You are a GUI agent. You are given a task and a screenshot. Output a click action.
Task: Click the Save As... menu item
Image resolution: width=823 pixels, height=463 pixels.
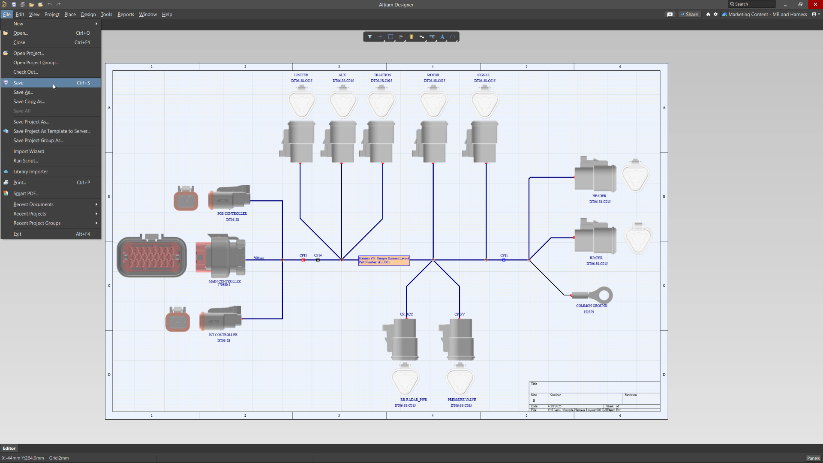tap(23, 92)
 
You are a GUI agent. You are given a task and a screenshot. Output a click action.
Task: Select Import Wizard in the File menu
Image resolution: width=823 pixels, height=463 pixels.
tap(29, 151)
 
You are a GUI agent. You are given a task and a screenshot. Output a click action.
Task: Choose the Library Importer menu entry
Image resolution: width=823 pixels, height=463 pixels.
tap(30, 171)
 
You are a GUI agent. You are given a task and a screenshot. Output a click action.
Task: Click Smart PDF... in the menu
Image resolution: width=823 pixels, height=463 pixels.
tap(26, 193)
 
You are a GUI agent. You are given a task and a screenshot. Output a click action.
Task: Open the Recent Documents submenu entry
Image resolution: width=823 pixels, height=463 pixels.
tap(33, 204)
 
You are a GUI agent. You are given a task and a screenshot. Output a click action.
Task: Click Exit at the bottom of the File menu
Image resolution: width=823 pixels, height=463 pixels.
tap(17, 234)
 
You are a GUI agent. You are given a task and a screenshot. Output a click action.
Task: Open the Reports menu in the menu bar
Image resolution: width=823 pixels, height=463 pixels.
tap(126, 15)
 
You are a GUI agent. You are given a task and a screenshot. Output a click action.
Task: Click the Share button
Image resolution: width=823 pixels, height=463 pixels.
tap(689, 15)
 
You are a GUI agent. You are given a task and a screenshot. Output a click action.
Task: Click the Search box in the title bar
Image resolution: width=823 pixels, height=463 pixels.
tap(753, 4)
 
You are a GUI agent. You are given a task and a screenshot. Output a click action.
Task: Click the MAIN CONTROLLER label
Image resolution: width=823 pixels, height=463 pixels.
tap(225, 281)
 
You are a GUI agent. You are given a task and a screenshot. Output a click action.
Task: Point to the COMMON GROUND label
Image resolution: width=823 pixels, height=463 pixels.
tap(592, 306)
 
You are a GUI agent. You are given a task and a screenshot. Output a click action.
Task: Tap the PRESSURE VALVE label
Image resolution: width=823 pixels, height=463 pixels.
tap(462, 400)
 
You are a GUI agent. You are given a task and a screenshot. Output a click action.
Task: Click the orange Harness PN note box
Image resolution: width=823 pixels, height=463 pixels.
tap(384, 260)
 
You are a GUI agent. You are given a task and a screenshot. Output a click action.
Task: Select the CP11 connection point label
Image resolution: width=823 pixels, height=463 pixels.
tap(504, 255)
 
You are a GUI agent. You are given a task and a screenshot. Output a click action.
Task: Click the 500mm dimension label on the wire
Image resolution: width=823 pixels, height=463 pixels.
tap(259, 258)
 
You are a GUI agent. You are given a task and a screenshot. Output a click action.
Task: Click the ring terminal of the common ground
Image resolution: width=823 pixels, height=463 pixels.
tap(604, 295)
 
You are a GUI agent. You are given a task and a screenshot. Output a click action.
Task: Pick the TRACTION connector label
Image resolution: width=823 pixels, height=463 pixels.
tap(382, 75)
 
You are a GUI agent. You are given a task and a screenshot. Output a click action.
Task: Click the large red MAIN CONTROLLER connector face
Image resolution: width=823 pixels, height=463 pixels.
tap(152, 256)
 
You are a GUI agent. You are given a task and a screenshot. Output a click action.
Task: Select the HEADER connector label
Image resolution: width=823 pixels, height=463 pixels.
tap(599, 196)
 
